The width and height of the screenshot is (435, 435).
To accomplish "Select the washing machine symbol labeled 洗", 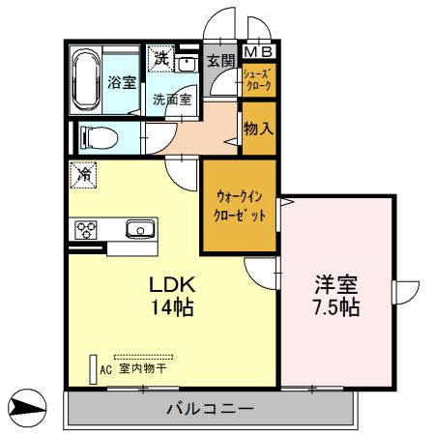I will click(x=159, y=58).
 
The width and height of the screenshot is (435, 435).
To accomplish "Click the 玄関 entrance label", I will click(x=221, y=60).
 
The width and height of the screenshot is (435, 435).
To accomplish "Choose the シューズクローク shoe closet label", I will click(x=258, y=79).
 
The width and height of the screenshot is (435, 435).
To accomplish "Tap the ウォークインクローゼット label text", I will click(x=239, y=206).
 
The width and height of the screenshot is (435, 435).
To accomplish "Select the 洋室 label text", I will click(x=335, y=286).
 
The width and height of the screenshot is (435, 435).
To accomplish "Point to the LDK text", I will click(x=172, y=286).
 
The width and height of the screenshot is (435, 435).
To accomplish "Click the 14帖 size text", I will click(x=172, y=309).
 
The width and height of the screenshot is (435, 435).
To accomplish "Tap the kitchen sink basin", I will click(x=141, y=229).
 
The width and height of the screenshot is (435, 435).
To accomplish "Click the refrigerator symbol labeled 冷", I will click(x=84, y=176).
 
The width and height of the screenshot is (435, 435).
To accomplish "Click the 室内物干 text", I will click(x=144, y=368).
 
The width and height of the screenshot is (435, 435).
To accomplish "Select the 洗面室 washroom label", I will click(x=170, y=99).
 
